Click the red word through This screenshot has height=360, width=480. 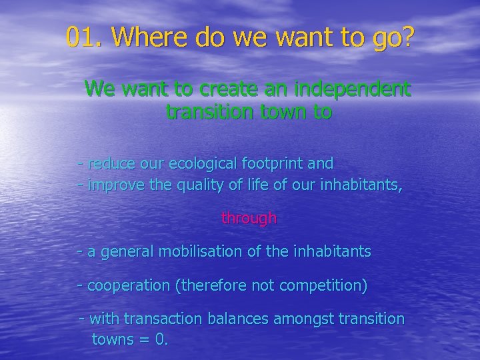click(x=249, y=218)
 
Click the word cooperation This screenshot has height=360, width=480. click(x=129, y=286)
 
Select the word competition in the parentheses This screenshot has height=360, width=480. click(x=327, y=286)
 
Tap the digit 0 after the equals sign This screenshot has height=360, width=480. click(x=159, y=339)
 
